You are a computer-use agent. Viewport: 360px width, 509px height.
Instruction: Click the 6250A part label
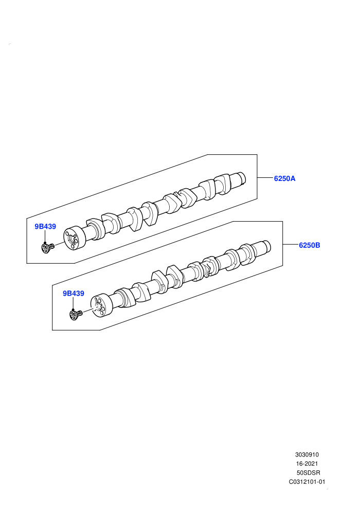click(284, 178)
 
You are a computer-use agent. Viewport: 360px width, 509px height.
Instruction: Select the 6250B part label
click(310, 245)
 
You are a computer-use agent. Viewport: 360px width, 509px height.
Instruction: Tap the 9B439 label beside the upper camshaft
click(45, 227)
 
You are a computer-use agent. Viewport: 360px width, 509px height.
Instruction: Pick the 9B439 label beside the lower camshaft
click(74, 294)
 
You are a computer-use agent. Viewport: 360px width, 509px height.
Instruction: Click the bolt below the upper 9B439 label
click(47, 248)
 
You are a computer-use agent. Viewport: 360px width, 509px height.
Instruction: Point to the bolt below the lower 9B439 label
click(76, 315)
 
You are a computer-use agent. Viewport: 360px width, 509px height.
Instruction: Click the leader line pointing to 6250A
click(265, 177)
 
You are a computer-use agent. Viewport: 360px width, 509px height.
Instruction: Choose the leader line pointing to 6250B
click(291, 244)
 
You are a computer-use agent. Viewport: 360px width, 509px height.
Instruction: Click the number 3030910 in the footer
click(307, 455)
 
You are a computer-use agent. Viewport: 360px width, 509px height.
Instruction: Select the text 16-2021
click(307, 464)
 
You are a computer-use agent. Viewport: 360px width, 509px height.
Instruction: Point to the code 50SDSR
click(309, 472)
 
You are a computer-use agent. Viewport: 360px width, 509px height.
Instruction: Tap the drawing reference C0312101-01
click(307, 482)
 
